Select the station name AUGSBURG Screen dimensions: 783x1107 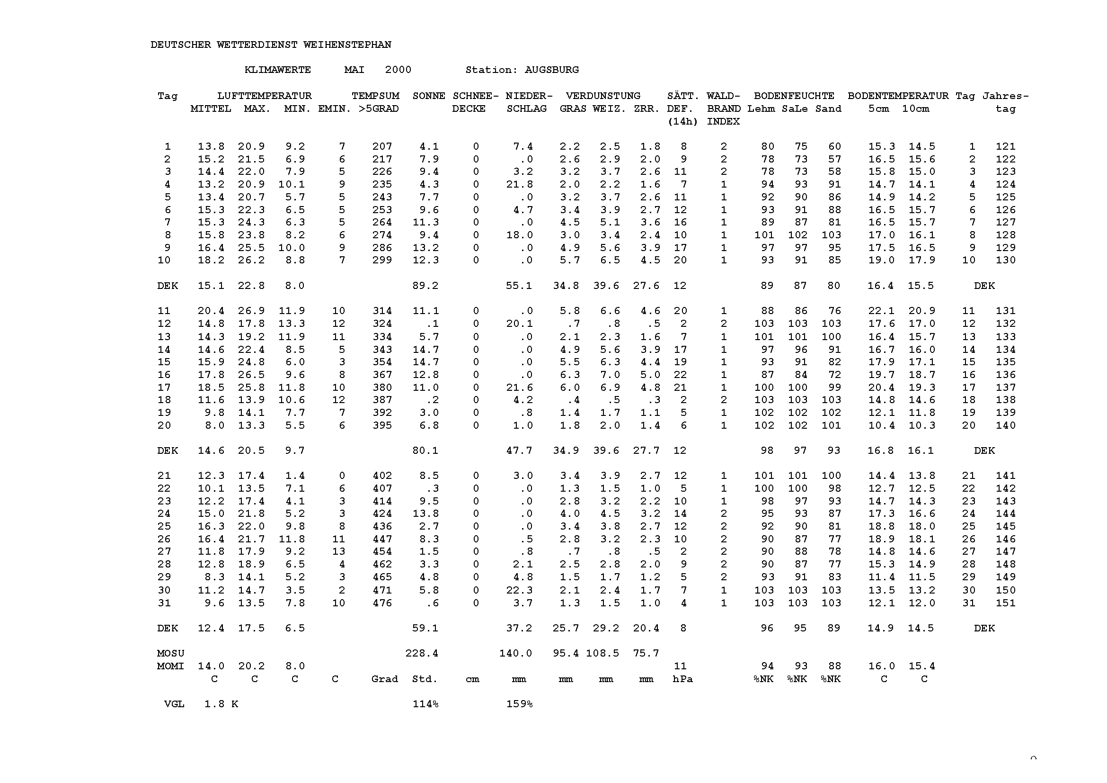coord(551,70)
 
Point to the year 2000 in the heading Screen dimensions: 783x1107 coord(398,70)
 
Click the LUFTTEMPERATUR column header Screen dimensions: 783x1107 coord(264,96)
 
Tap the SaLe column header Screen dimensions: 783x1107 coord(795,109)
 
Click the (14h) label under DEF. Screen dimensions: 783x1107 coord(682,122)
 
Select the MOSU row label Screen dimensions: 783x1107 coord(171,653)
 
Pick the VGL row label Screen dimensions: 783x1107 coord(174,704)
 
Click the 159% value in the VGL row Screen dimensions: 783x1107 coord(519,704)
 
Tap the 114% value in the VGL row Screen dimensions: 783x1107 coord(425,704)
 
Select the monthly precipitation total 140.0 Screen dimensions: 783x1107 coord(515,653)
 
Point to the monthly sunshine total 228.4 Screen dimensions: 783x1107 coord(421,653)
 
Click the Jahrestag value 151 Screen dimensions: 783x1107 coord(1006,603)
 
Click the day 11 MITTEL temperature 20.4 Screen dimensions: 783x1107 coord(211,311)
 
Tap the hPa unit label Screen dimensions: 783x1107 coord(682,679)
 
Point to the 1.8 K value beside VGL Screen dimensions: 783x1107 coord(221,704)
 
